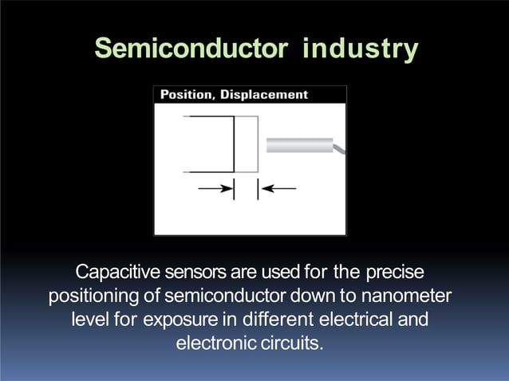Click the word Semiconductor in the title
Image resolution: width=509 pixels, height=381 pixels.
[x=188, y=49]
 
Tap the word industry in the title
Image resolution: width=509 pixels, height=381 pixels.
[x=360, y=49]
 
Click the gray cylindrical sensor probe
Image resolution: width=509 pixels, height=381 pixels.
[x=299, y=145]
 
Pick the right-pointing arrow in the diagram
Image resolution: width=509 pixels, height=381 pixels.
[x=215, y=189]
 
